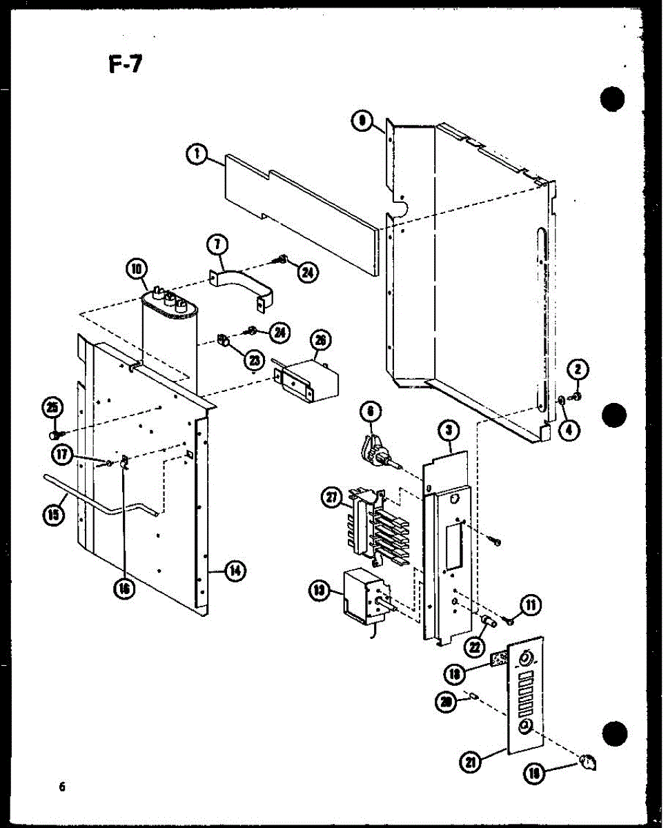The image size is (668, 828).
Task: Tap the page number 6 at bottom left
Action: click(62, 787)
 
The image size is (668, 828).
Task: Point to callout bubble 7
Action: click(217, 244)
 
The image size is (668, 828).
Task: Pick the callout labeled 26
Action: click(320, 339)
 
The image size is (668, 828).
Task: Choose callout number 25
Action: click(50, 408)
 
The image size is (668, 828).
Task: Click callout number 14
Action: click(235, 570)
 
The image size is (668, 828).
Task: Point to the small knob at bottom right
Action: click(589, 762)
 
